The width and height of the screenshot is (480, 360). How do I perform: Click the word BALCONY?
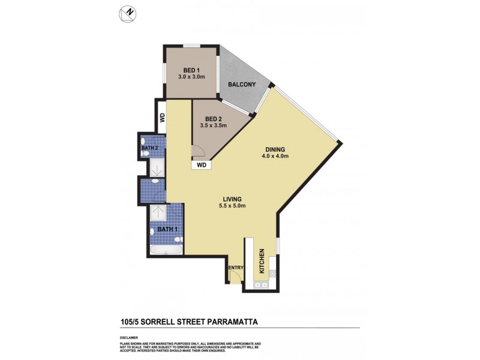click(x=243, y=85)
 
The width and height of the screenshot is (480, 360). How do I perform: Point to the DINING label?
click(x=276, y=150)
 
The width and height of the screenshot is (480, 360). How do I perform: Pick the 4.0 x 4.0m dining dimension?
click(x=277, y=157)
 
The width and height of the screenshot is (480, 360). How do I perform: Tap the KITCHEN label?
click(x=261, y=262)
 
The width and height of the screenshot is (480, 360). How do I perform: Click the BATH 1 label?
click(x=168, y=229)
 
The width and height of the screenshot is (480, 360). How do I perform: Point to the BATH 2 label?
click(x=150, y=147)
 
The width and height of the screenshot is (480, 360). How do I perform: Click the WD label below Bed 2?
click(x=202, y=164)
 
